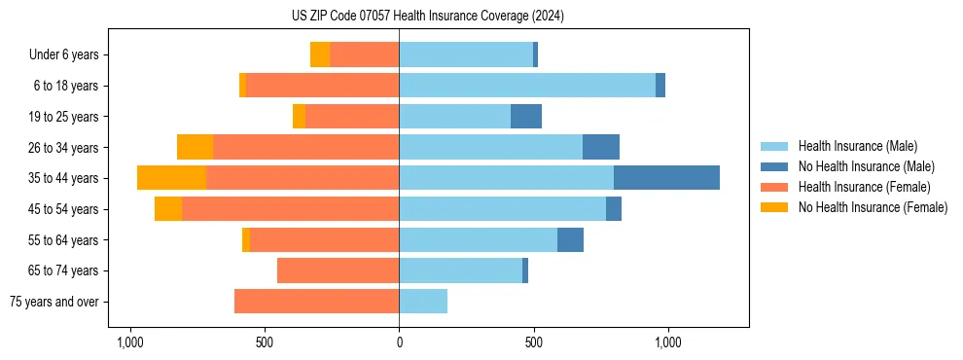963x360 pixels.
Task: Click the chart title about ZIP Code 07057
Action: pos(427,17)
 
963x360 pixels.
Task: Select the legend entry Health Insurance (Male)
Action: pos(856,146)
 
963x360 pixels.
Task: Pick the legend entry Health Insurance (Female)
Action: pos(864,187)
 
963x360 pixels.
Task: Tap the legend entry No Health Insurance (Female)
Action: pos(873,207)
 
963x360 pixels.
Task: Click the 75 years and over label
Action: pos(53,302)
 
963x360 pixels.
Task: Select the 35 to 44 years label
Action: pos(64,178)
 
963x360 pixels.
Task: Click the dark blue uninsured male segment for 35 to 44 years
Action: pos(666,178)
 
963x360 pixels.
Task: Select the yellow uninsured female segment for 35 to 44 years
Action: pos(171,178)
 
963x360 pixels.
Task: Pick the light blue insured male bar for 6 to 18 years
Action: pos(526,86)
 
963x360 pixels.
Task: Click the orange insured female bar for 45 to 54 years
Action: pos(290,209)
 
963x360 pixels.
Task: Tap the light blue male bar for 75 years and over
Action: pos(423,302)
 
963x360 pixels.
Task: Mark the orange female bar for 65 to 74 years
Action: pos(338,270)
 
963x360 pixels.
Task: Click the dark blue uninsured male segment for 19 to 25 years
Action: pos(526,117)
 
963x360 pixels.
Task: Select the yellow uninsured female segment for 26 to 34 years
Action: pos(195,147)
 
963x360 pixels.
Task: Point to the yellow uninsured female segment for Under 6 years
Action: pos(320,55)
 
